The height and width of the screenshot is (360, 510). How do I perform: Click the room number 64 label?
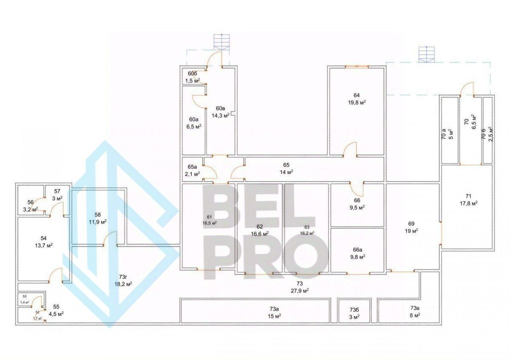pos(356,95)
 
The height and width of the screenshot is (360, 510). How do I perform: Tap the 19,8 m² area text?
pos(356,102)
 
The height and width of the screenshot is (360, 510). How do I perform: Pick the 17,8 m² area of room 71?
pos(468,203)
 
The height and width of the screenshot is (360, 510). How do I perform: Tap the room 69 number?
pos(411,223)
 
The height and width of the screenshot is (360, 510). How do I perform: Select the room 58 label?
pos(97,215)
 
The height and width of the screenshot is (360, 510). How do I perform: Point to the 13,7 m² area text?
pos(43,245)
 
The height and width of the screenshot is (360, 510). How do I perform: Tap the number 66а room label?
pos(357,250)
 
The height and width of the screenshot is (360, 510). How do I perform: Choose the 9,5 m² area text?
pos(357,207)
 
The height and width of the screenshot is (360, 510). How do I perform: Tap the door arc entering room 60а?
pos(199,101)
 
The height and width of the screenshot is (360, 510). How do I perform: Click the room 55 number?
pos(56,306)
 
